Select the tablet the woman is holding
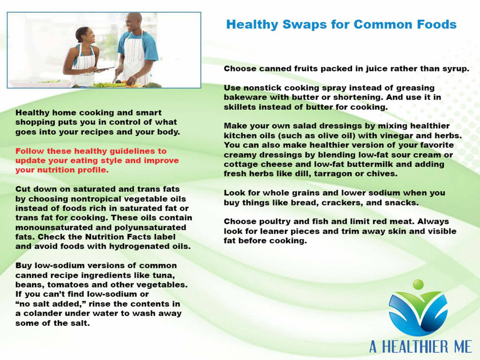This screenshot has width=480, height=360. click(x=104, y=69)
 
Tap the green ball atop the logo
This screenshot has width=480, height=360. click(x=418, y=284)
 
